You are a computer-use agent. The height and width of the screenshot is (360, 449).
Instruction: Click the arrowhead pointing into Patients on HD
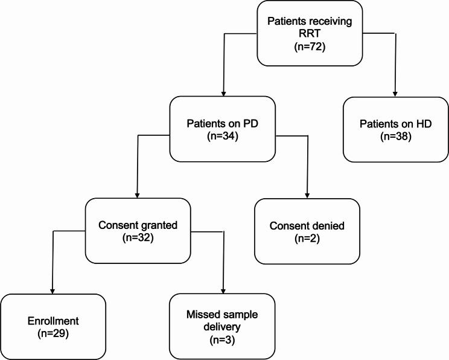[x=395, y=94]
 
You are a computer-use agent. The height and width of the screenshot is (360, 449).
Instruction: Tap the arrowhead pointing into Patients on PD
[x=224, y=94]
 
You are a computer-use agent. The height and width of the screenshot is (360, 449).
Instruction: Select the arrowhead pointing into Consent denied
[x=308, y=196]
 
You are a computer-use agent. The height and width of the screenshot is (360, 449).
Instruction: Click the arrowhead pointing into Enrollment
[x=52, y=291]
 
